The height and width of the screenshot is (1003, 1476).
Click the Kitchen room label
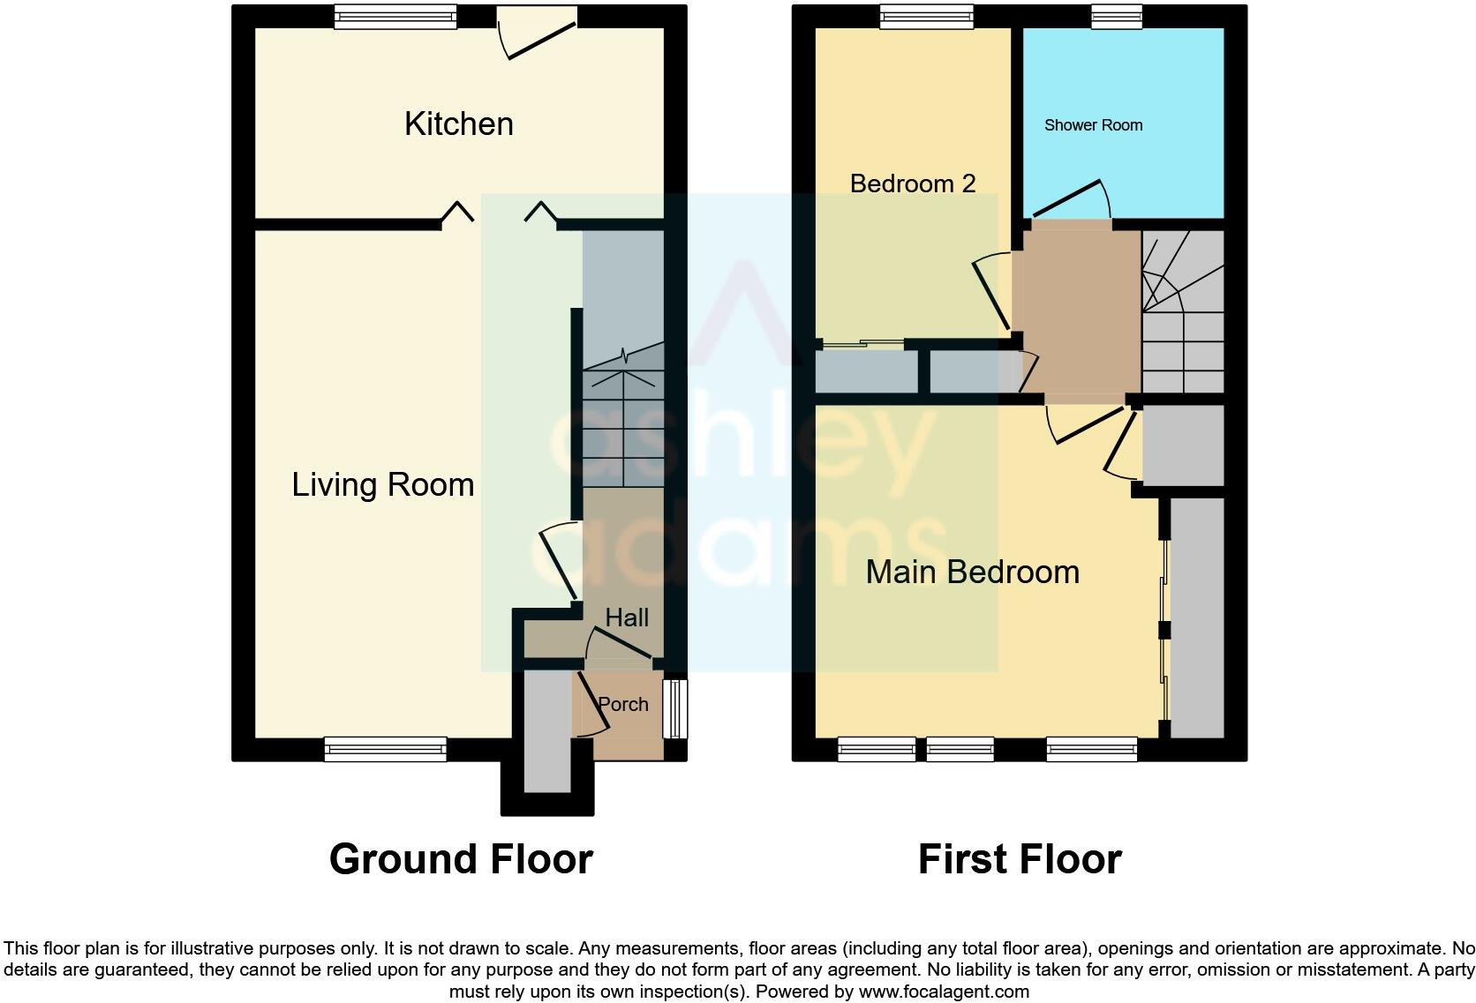point(458,124)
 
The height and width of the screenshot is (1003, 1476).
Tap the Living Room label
point(382,485)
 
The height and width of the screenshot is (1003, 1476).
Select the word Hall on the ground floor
point(627,618)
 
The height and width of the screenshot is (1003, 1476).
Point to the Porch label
point(623,704)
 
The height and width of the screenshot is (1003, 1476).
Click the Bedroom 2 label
point(912,183)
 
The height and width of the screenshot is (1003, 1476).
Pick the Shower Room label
point(1093,125)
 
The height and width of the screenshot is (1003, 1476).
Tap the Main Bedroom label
point(972,573)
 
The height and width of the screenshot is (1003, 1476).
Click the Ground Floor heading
point(460,859)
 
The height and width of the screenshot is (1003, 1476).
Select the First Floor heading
point(1020,859)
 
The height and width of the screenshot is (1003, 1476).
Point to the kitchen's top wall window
point(395,16)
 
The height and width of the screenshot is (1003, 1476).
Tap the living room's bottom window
point(385,750)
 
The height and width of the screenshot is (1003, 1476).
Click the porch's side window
point(675,708)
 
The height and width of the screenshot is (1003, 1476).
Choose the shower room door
point(1070,201)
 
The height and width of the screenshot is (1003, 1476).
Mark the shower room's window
point(1116,16)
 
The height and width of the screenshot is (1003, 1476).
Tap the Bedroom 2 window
point(926,16)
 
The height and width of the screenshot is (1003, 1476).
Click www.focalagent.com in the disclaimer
point(943,991)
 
